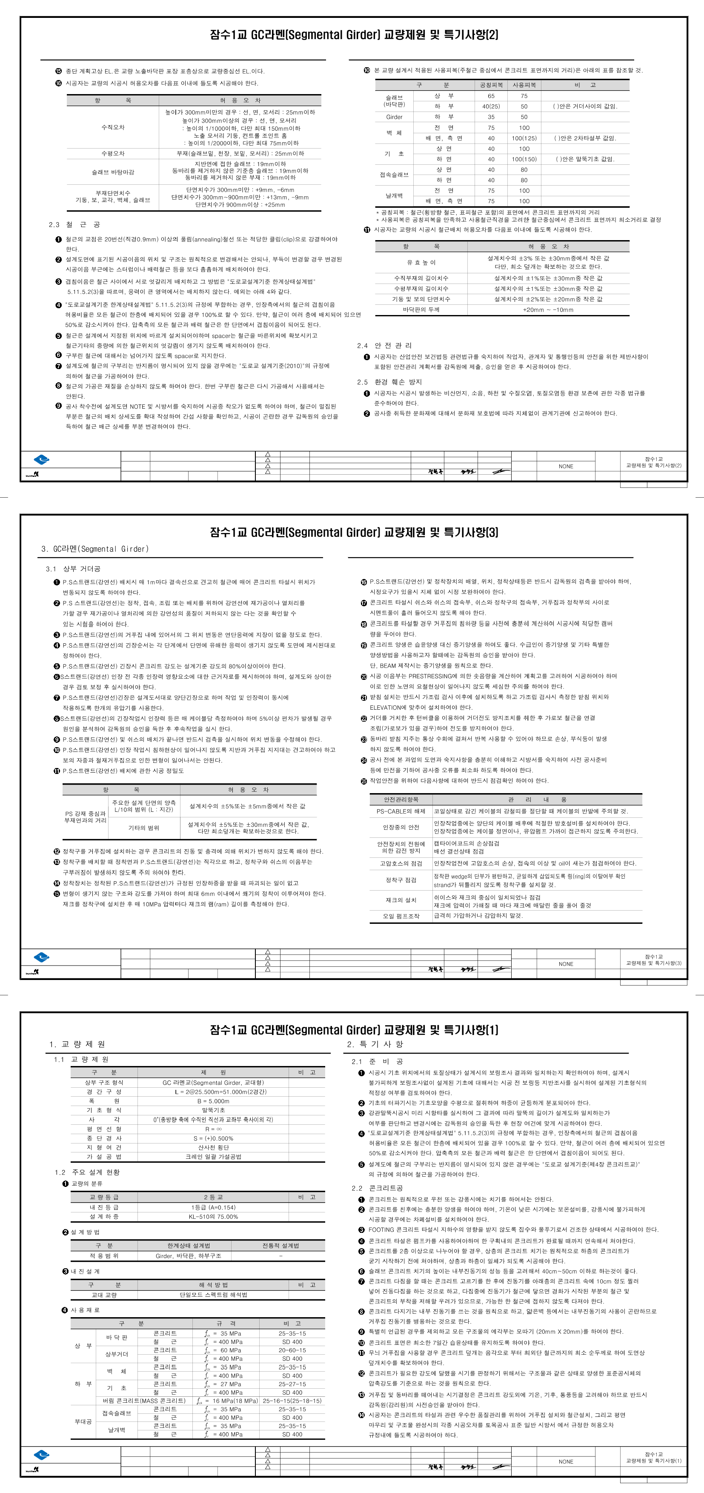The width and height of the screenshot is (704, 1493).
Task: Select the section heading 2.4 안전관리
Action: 384,345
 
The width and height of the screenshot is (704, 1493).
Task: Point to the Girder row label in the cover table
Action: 394,117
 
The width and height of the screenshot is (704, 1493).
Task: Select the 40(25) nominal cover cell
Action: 491,106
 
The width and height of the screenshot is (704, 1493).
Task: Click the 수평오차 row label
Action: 113,154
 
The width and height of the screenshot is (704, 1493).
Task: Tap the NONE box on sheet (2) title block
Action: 566,466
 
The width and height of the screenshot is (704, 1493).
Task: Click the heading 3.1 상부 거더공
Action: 73,569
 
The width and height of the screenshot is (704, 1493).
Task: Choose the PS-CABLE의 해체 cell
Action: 401,811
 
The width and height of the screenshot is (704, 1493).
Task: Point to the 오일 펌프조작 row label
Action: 401,916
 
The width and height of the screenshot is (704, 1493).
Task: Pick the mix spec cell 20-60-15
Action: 292,1350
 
